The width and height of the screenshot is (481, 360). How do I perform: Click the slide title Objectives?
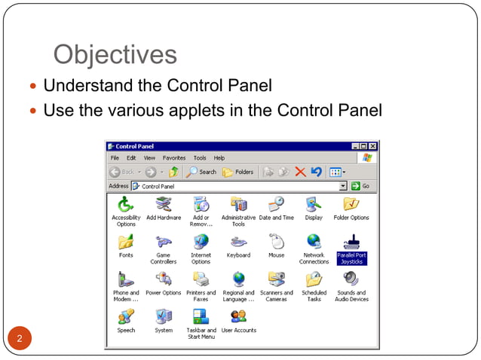click(115, 54)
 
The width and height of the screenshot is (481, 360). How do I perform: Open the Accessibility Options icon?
click(126, 204)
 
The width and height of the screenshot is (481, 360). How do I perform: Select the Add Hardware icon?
click(164, 204)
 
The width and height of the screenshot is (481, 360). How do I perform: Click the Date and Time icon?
click(277, 204)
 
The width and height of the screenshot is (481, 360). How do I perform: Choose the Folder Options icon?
click(351, 204)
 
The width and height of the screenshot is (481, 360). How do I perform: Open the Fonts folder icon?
click(126, 242)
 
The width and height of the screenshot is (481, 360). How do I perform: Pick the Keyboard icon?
click(239, 242)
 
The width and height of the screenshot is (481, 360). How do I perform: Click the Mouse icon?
click(277, 242)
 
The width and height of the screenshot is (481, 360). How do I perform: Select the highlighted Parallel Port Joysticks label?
click(351, 258)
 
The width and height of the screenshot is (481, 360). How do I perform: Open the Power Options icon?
click(164, 279)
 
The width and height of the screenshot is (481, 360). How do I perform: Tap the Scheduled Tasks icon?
click(314, 279)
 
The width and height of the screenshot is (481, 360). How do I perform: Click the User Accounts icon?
click(239, 316)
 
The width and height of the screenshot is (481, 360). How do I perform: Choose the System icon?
click(164, 316)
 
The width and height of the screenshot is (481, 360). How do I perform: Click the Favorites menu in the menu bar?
click(174, 158)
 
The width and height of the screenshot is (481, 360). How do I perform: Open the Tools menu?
click(200, 158)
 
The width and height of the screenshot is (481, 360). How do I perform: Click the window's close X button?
click(372, 146)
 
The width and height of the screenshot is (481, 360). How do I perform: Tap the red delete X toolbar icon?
click(301, 172)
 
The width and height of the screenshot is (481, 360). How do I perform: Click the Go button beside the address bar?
click(361, 185)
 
